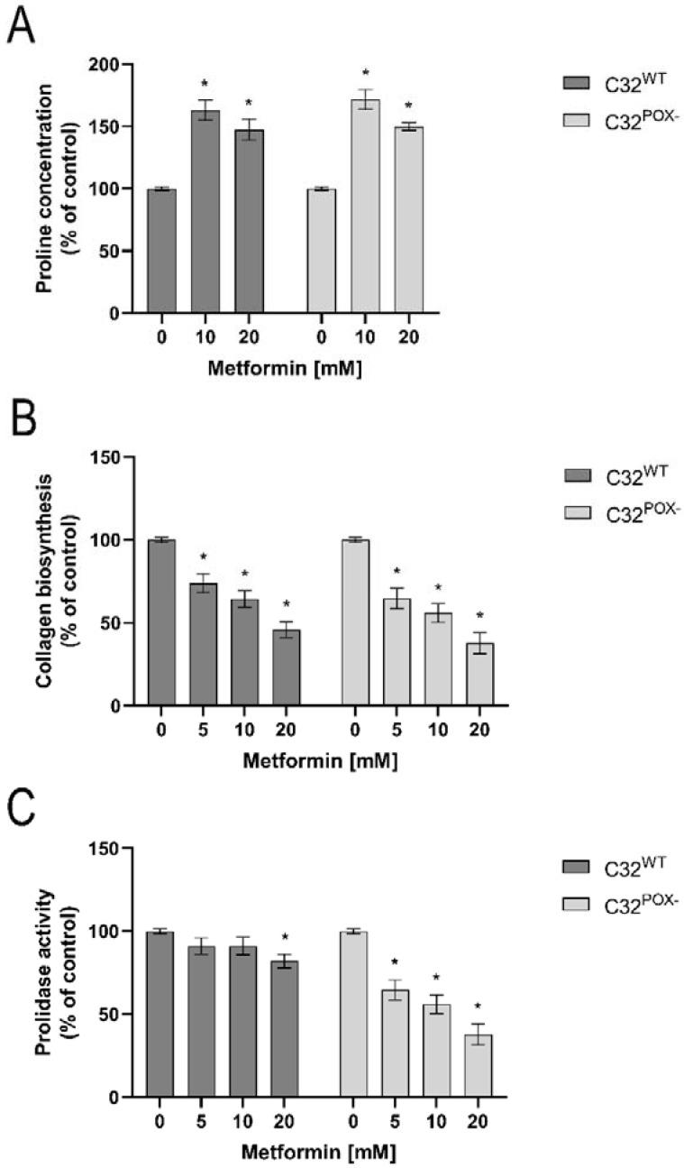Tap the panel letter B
click(22, 418)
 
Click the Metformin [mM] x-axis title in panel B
click(320, 760)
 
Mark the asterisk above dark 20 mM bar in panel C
click(286, 937)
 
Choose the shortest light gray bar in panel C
click(479, 1065)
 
